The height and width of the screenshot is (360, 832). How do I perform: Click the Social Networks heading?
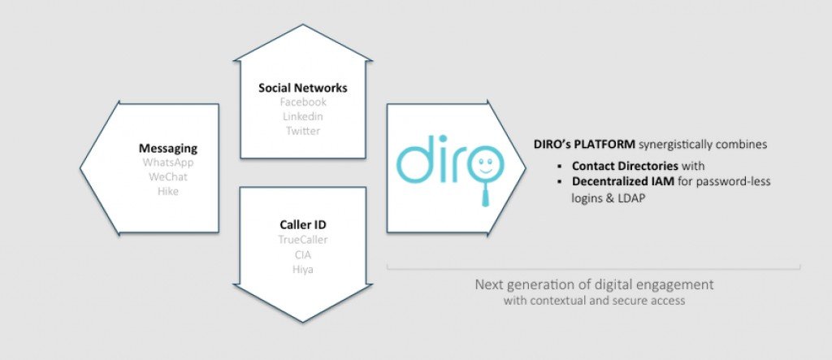tap(303, 88)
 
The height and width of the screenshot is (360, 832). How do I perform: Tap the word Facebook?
tap(303, 102)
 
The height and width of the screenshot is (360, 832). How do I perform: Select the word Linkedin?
tap(303, 116)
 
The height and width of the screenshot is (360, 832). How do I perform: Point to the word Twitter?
tap(303, 131)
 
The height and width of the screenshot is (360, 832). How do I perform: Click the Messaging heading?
tap(167, 149)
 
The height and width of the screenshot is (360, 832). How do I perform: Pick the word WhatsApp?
tap(167, 163)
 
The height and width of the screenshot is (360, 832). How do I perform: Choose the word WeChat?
tap(167, 177)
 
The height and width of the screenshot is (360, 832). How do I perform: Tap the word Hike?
tap(167, 191)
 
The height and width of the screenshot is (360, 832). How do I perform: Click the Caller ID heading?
tap(303, 225)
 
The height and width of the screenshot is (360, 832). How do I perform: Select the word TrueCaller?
tap(303, 240)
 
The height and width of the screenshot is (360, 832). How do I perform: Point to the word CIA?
tap(303, 254)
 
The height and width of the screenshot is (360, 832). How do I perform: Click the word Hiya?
tap(303, 269)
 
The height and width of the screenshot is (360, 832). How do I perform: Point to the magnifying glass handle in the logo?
tap(485, 194)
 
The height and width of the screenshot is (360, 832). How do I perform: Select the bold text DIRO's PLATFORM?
tap(584, 145)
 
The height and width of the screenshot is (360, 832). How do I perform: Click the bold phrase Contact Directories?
tap(625, 166)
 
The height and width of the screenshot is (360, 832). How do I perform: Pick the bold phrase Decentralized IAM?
tap(623, 181)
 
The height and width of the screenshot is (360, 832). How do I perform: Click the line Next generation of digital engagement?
tap(594, 284)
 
